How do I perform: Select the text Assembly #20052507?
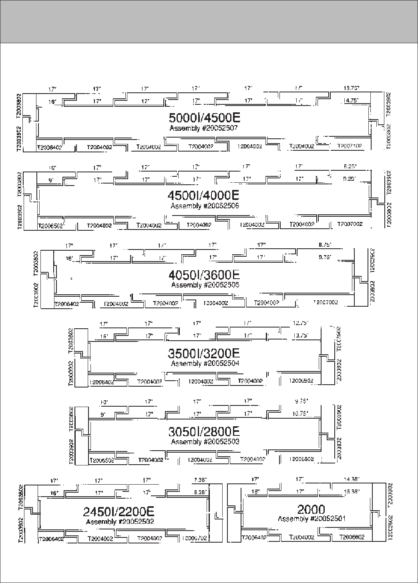204,128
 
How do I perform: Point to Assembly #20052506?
205,206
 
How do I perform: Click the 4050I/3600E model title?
204,275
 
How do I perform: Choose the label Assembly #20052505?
205,285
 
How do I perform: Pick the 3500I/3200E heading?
204,353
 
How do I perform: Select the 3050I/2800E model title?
204,431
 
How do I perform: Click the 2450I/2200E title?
119,511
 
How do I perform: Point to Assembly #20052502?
120,522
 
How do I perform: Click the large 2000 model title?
311,509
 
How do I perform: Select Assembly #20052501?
311,519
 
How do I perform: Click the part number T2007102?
350,146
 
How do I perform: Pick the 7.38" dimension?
200,479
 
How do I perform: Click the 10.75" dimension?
300,414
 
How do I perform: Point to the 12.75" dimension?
301,323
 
